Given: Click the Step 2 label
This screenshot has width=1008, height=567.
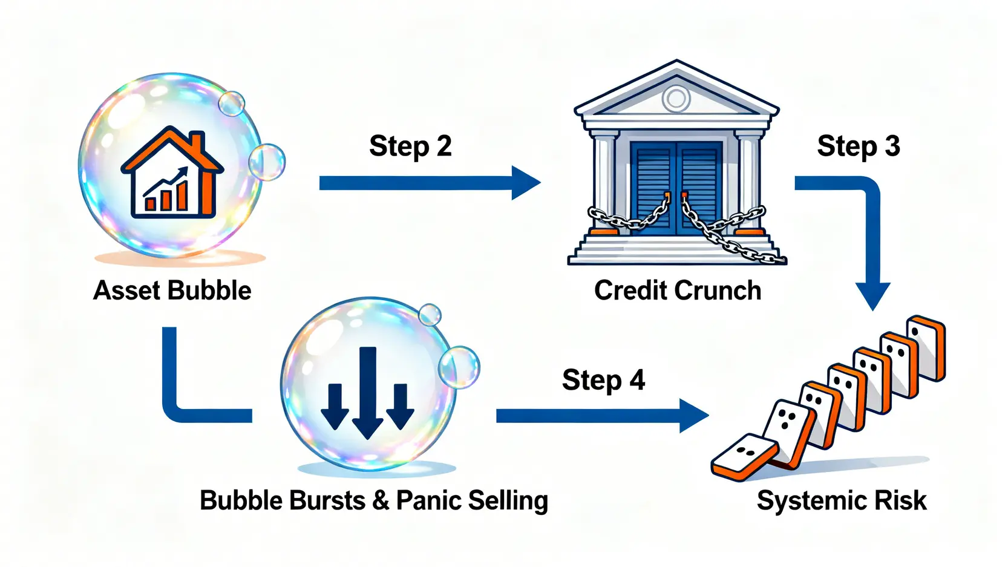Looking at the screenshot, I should point(410,146).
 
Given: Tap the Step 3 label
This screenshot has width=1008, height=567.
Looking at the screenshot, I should point(858,146).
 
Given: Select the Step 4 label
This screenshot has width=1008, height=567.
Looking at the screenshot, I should point(603,381).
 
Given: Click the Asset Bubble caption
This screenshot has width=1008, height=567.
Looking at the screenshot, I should point(172,290).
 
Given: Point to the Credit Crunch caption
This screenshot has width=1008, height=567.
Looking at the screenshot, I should point(677,290).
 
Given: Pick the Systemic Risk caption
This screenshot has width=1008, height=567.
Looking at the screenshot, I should point(841,501).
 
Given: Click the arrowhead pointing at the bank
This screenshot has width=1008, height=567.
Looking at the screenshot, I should point(525,182).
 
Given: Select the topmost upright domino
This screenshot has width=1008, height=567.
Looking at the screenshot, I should point(926,348).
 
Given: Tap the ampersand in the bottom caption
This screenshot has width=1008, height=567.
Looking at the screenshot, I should point(381,501).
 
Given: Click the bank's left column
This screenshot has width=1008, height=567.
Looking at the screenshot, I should point(604,182).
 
